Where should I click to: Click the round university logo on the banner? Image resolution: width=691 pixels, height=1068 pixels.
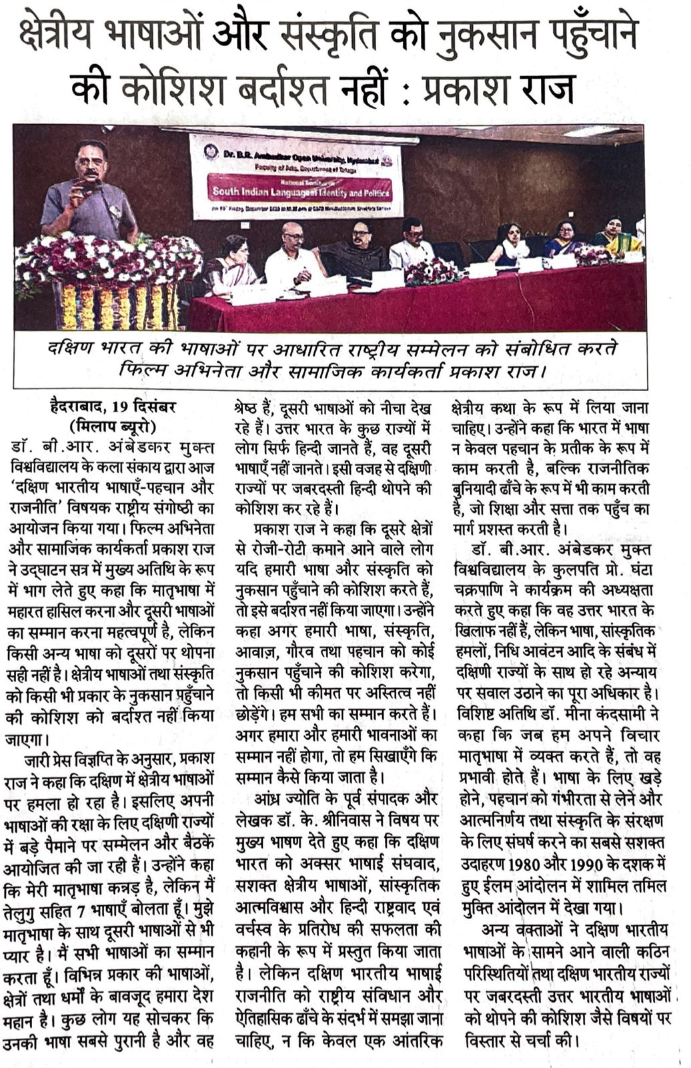(x=211, y=152)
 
